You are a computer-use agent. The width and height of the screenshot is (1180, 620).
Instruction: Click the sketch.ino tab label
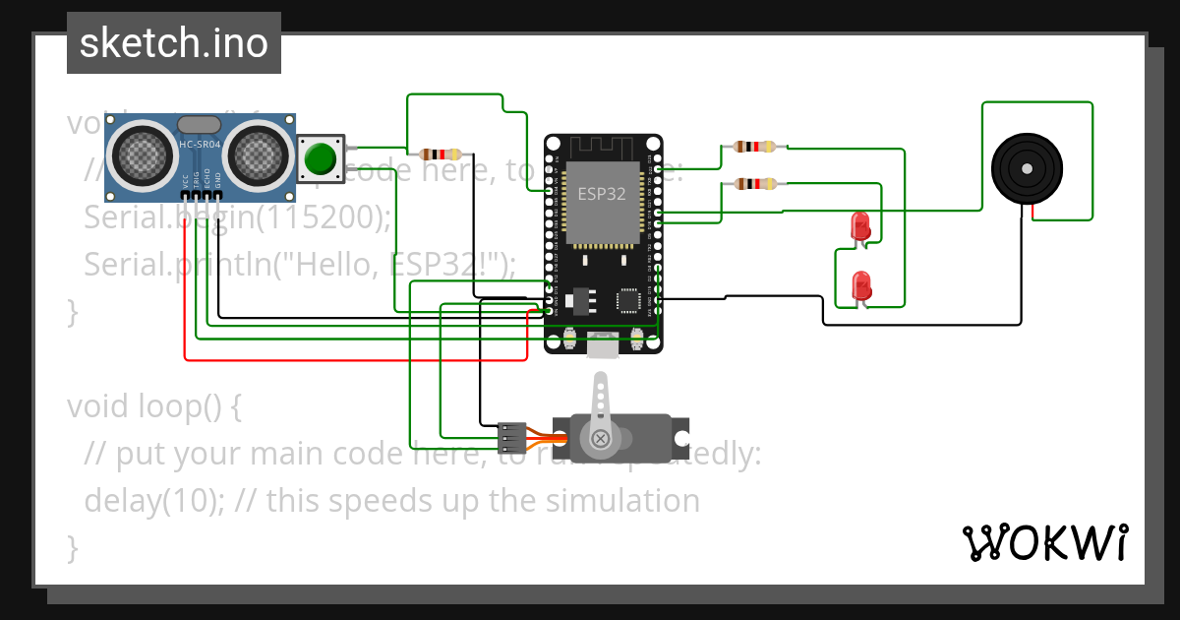pyautogui.click(x=173, y=43)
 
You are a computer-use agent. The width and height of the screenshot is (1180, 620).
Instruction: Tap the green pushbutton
pyautogui.click(x=321, y=158)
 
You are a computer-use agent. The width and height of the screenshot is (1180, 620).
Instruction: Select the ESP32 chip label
pyautogui.click(x=602, y=194)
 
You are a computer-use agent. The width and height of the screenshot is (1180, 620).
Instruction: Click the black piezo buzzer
pyautogui.click(x=1027, y=168)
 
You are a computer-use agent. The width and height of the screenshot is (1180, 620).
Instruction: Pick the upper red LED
pyautogui.click(x=860, y=225)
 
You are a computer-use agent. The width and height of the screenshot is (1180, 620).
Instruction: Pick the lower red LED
pyautogui.click(x=861, y=286)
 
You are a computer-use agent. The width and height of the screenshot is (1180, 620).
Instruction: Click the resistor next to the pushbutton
pyautogui.click(x=441, y=154)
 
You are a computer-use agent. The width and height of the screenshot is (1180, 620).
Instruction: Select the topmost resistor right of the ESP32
pyautogui.click(x=754, y=147)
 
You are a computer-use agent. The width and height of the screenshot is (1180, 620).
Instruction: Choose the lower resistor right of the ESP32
pyautogui.click(x=754, y=183)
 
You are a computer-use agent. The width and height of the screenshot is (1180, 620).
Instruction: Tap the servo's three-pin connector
pyautogui.click(x=511, y=432)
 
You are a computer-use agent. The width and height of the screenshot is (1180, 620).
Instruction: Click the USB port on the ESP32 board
pyautogui.click(x=603, y=343)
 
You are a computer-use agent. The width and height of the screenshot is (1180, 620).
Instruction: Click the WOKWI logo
pyautogui.click(x=1044, y=542)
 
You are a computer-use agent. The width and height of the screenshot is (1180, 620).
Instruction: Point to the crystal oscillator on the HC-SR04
pyautogui.click(x=201, y=124)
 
